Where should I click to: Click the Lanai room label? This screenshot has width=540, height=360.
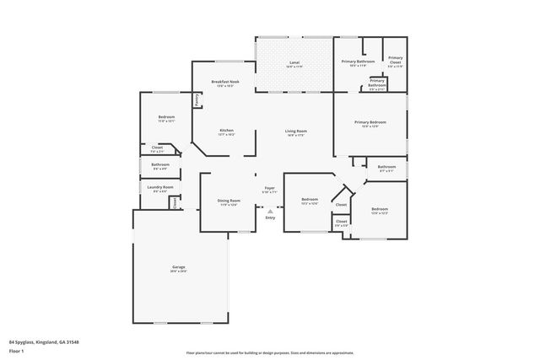coord(294,62)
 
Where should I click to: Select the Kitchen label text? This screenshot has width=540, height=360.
coord(227,130)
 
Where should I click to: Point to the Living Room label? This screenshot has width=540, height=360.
coord(295,131)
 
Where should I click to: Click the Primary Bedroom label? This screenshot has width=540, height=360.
coord(370,123)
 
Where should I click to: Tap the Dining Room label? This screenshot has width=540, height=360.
coord(229,201)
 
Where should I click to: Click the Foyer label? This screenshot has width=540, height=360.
coord(270,188)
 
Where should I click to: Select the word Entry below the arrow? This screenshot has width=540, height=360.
coord(270,218)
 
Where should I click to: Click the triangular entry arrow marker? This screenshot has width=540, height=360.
coord(270,211)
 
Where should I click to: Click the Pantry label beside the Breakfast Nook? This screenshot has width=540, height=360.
coord(197,99)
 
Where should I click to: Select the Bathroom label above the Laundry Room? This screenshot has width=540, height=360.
coord(160,164)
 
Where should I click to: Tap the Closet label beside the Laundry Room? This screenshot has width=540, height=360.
coord(175,202)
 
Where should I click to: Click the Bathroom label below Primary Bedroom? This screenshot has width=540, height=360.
coord(386,167)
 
